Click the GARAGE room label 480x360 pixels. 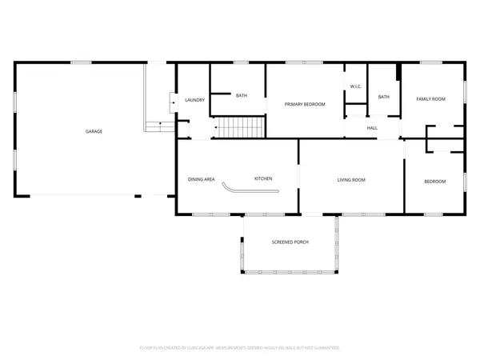[94, 131]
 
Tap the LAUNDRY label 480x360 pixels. [195, 100]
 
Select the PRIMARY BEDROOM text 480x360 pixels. [306, 104]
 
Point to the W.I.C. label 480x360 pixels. [356, 86]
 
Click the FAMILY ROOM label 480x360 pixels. [430, 98]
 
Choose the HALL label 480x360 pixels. [372, 127]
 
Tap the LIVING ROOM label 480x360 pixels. [351, 180]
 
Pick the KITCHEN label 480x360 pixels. [264, 178]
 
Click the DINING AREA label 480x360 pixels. [202, 179]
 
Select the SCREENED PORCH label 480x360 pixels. [290, 242]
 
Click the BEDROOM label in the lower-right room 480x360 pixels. [434, 182]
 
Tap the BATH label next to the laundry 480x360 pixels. [241, 96]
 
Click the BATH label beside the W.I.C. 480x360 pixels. [384, 97]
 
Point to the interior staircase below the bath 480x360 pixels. [241, 126]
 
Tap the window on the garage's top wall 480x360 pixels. [81, 62]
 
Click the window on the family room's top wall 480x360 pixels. [431, 62]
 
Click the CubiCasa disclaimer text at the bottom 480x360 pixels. [240, 348]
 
